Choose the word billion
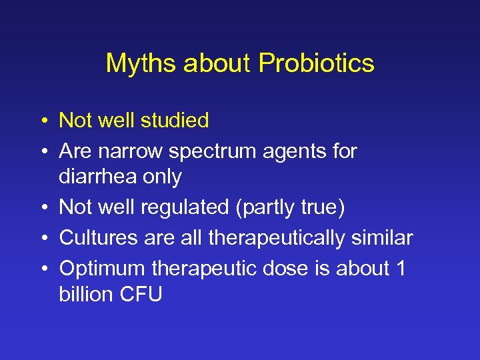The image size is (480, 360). click(x=87, y=294)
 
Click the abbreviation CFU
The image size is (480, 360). click(x=141, y=294)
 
